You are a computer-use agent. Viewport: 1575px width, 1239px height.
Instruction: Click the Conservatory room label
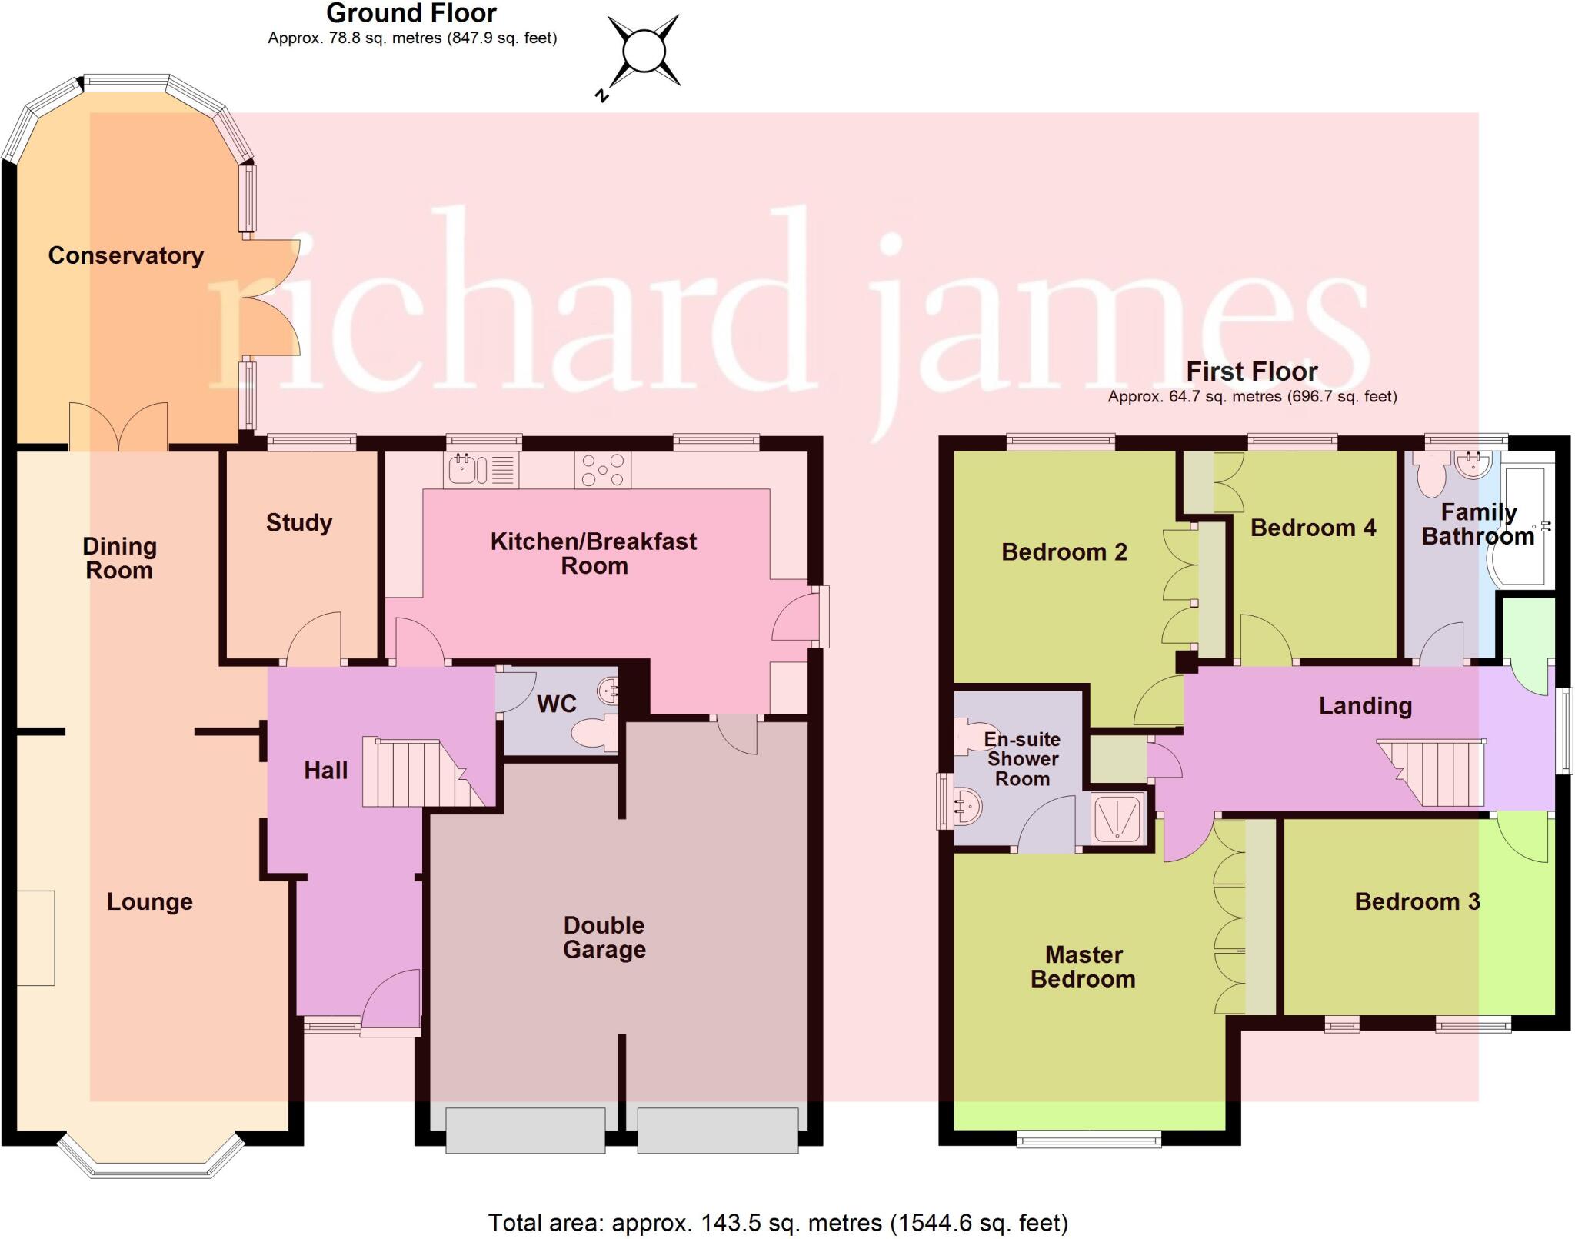coord(125,255)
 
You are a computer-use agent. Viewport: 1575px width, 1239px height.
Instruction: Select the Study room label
coord(299,522)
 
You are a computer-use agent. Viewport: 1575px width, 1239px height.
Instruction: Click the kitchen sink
coord(481,469)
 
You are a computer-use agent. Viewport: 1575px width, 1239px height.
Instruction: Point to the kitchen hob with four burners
coord(602,469)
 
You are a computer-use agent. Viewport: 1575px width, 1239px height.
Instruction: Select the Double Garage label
coord(604,937)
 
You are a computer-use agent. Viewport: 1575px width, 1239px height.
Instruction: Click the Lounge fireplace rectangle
coord(35,938)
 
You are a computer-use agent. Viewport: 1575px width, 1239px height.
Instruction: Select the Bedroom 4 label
coord(1313,528)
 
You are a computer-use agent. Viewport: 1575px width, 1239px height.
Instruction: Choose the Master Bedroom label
coord(1083,967)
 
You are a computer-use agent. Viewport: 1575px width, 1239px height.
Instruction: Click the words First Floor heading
coord(1251,371)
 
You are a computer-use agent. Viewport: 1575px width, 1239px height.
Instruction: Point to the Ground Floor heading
coord(411,13)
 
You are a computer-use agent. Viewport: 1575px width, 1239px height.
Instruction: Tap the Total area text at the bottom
coord(778,1222)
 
